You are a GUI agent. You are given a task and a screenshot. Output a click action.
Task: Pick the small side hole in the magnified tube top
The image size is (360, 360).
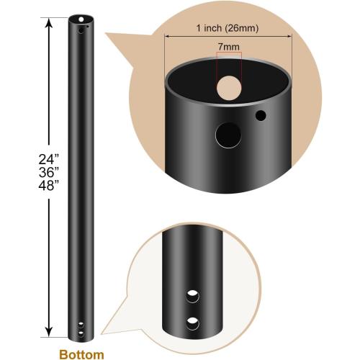point(261,115)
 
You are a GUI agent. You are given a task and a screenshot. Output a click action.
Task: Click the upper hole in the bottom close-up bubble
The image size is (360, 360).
point(193,295)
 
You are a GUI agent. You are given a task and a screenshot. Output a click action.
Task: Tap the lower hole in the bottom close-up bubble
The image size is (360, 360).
point(193,320)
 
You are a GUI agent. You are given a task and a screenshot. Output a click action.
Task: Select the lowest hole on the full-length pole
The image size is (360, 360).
point(81,334)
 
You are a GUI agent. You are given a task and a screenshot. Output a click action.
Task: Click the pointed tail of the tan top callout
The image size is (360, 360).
point(108,36)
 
